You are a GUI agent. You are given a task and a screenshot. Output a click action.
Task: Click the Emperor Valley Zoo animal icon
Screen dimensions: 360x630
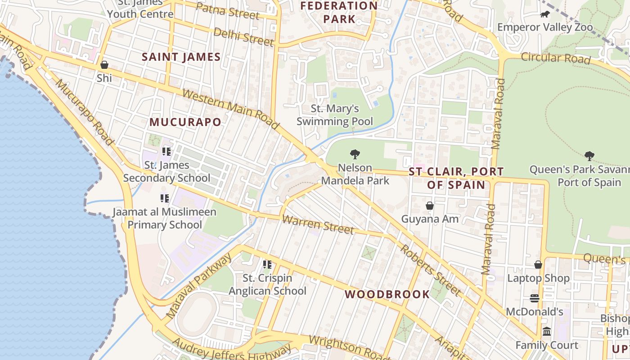point(545,14)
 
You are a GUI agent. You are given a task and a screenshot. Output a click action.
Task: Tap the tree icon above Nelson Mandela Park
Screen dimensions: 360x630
point(355,155)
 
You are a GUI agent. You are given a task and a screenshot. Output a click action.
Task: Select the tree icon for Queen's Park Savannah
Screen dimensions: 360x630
point(589,157)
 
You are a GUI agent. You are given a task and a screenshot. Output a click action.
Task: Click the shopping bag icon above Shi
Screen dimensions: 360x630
point(104,65)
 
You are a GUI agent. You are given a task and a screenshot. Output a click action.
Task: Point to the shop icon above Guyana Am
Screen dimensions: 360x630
point(430,206)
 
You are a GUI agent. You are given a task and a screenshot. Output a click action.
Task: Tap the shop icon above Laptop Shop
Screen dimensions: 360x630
point(538,265)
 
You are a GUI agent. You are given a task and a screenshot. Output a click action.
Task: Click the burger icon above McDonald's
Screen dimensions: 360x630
point(535,298)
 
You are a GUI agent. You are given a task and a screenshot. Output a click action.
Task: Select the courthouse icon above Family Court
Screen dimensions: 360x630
point(547,332)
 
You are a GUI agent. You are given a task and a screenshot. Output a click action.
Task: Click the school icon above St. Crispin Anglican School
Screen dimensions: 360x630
point(267,265)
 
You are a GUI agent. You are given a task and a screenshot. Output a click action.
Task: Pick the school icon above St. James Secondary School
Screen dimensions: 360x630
point(166,152)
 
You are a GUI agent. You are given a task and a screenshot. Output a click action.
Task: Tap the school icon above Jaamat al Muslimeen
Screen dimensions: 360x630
point(165,198)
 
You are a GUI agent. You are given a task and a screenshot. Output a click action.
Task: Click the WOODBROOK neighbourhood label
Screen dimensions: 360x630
point(387,294)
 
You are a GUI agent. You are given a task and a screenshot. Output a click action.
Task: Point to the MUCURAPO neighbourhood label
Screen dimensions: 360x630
point(185,122)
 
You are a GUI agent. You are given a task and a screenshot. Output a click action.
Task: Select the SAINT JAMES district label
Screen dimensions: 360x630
point(181,57)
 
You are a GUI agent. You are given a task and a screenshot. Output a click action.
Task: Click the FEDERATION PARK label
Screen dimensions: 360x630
point(339,12)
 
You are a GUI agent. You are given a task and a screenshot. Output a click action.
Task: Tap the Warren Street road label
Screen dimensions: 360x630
point(318,225)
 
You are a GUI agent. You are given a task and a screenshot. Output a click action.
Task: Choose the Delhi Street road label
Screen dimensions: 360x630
point(243,37)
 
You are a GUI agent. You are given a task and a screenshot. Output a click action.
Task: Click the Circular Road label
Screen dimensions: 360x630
point(555,58)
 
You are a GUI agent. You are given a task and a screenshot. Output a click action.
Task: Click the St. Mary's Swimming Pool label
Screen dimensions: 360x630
point(335,115)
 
